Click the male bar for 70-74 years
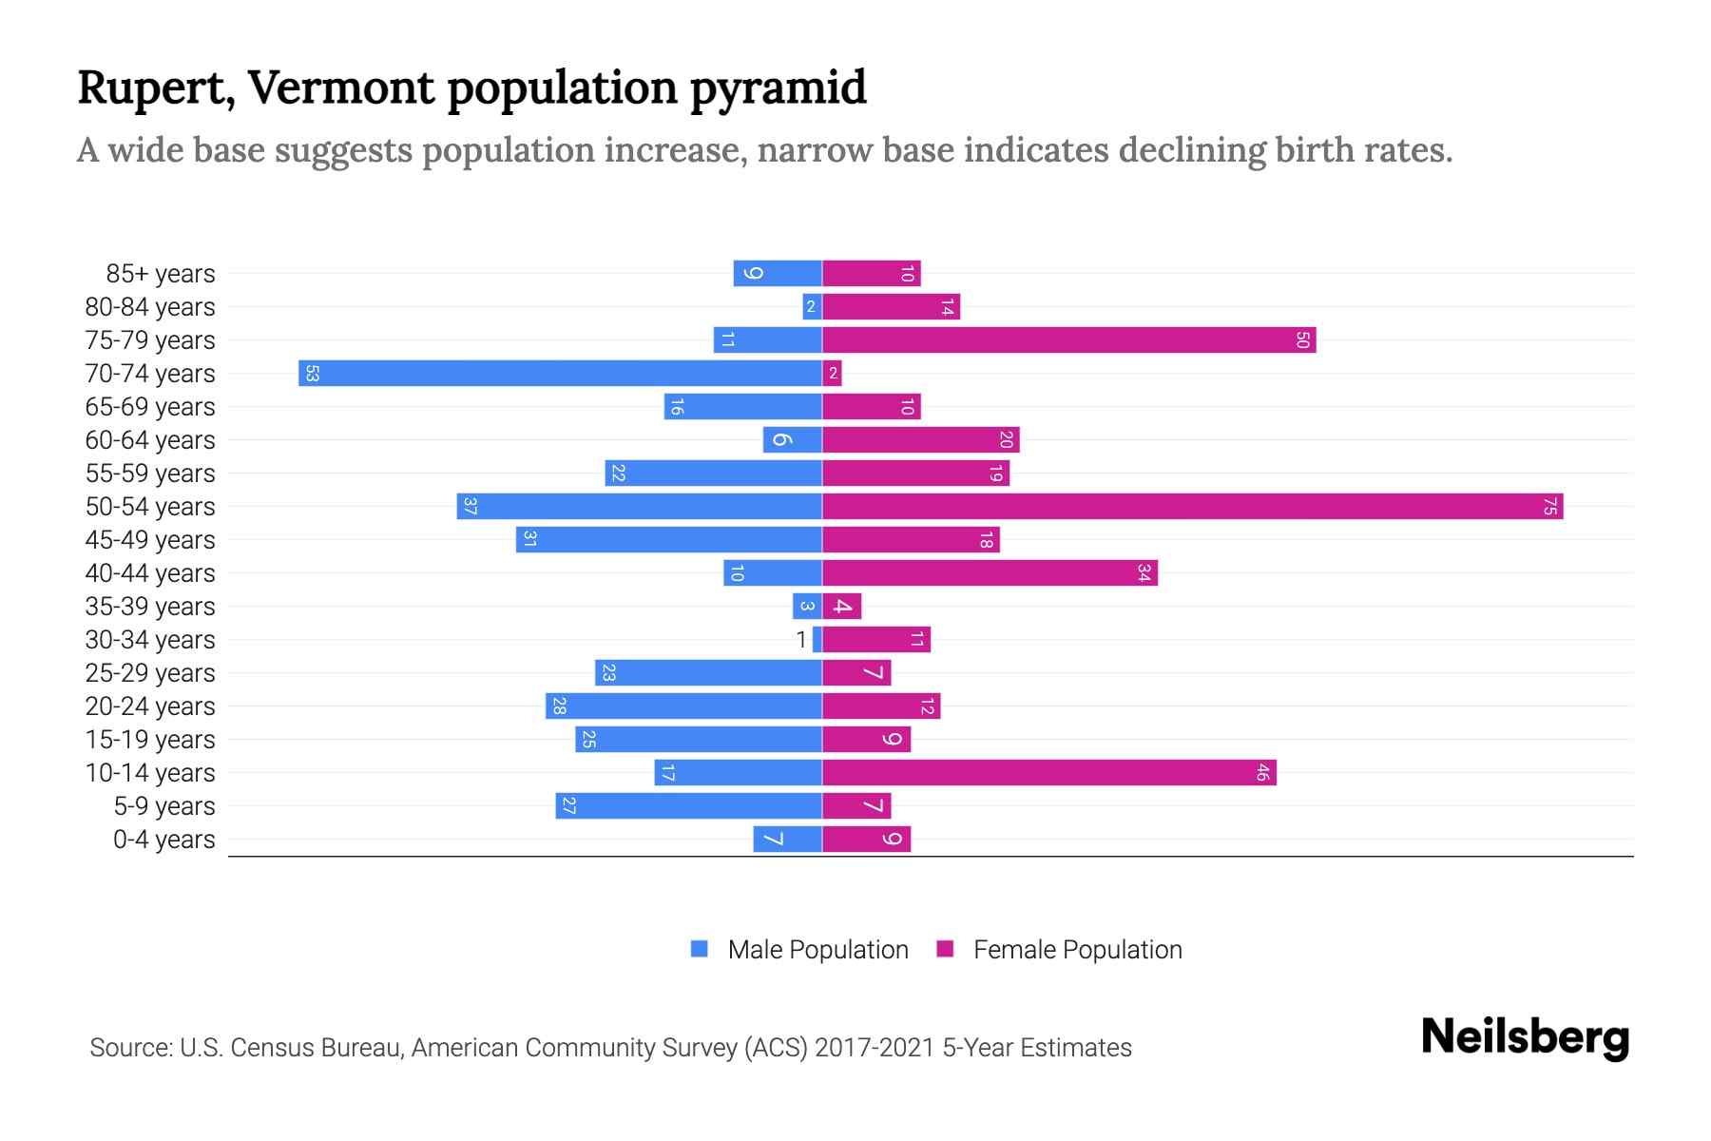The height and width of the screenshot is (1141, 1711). click(x=560, y=373)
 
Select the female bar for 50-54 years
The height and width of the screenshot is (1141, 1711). click(x=1192, y=506)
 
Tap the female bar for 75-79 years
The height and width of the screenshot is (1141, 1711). click(x=1068, y=339)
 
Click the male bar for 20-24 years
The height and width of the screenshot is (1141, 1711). click(x=683, y=706)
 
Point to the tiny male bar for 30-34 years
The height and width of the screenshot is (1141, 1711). click(x=817, y=639)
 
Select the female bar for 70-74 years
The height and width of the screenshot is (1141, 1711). click(x=832, y=373)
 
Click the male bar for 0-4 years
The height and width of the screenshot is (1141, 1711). click(x=787, y=839)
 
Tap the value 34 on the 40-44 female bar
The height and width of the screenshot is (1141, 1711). click(x=1144, y=572)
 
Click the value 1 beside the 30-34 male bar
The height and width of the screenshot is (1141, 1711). click(x=801, y=640)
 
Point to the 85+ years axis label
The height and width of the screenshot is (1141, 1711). click(x=160, y=274)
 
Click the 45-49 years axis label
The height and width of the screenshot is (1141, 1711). click(x=150, y=540)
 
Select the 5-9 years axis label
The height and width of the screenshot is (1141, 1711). click(x=164, y=806)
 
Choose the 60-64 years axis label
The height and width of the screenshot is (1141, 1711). click(x=150, y=440)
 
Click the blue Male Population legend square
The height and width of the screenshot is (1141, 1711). click(x=700, y=949)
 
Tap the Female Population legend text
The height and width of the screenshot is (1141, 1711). click(x=1077, y=950)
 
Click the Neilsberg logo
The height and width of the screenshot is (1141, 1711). click(x=1525, y=1037)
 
